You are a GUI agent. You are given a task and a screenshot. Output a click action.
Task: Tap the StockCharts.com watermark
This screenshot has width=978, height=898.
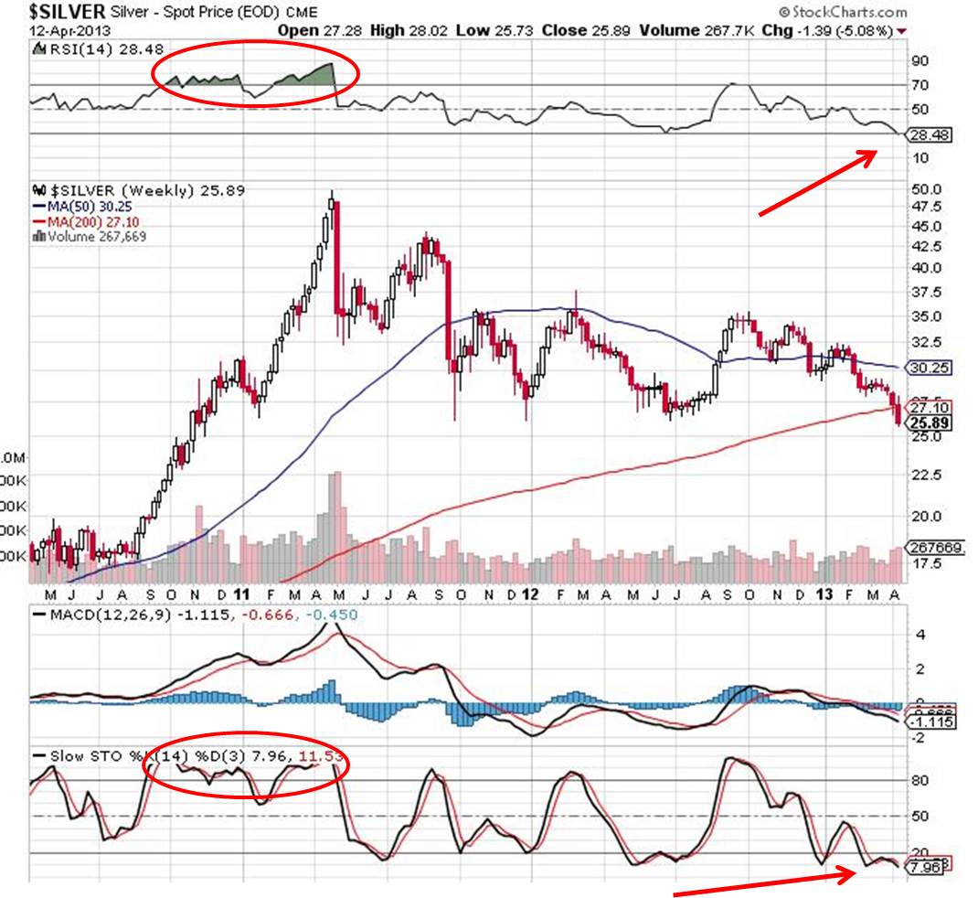pyautogui.click(x=844, y=12)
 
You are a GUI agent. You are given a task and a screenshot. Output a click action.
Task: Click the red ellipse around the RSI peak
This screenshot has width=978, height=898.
pyautogui.click(x=255, y=75)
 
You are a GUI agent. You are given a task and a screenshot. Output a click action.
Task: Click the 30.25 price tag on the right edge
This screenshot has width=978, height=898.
pyautogui.click(x=925, y=367)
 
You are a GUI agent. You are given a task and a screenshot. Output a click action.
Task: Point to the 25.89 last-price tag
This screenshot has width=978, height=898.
pyautogui.click(x=925, y=422)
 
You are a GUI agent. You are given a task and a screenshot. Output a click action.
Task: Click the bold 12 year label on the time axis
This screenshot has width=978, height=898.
pyautogui.click(x=529, y=593)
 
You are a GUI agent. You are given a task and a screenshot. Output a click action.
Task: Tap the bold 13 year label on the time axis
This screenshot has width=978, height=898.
pyautogui.click(x=827, y=593)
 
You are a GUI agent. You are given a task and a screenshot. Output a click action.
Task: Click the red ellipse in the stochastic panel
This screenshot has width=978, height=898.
pyautogui.click(x=247, y=767)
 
